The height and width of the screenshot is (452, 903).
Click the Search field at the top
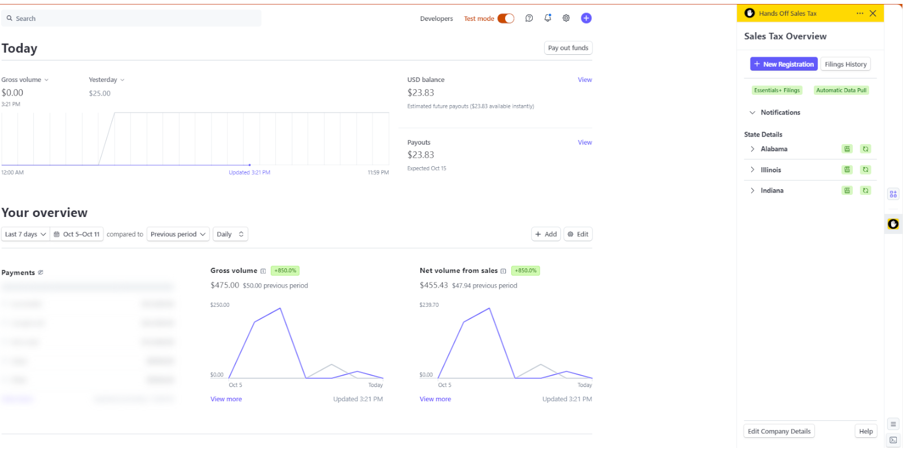coord(133,19)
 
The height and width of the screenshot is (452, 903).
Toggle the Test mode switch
coord(506,19)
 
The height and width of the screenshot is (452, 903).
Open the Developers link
coord(436,19)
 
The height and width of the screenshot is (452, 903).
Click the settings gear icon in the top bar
coord(566,18)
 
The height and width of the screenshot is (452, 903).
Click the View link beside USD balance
coord(585,80)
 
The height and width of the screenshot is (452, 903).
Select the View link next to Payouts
coord(585,142)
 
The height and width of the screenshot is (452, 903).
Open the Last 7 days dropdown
coord(25,234)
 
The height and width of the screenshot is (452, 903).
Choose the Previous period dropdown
coord(178,234)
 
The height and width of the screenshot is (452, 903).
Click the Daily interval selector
coord(230,234)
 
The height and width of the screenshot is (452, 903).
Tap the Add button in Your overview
coord(546,234)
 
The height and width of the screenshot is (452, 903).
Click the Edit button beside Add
coord(578,234)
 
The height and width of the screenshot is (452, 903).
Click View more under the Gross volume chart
coord(226,399)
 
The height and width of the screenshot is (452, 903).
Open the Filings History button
coord(845,64)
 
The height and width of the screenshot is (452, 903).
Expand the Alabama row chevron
coord(752,149)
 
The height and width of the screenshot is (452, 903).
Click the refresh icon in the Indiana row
coord(865,190)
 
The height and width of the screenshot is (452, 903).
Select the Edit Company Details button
coord(779,431)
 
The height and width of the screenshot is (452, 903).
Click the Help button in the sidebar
coord(866,431)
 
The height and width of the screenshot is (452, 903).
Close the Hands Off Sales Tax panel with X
coord(873,14)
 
